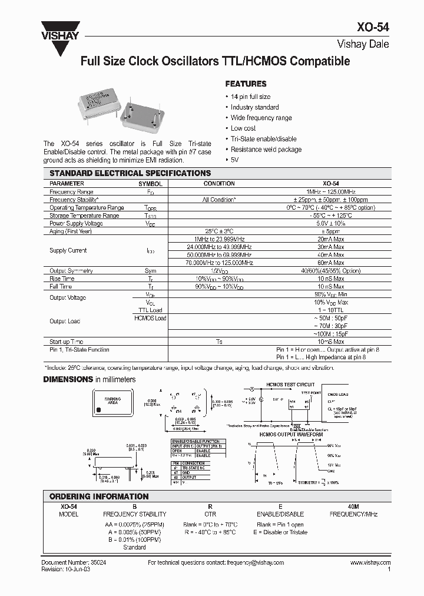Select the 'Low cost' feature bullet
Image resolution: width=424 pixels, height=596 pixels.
[243, 128]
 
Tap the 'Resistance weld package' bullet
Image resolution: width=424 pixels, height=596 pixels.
[266, 150]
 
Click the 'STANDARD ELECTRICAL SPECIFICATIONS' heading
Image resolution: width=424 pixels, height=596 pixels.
[130, 173]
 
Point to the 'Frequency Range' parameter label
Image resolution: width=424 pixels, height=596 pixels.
[71, 192]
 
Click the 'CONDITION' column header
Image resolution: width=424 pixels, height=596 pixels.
[219, 184]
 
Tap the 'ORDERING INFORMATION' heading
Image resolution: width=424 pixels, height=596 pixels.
[99, 496]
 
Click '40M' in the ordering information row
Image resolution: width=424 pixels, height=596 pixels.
[353, 506]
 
